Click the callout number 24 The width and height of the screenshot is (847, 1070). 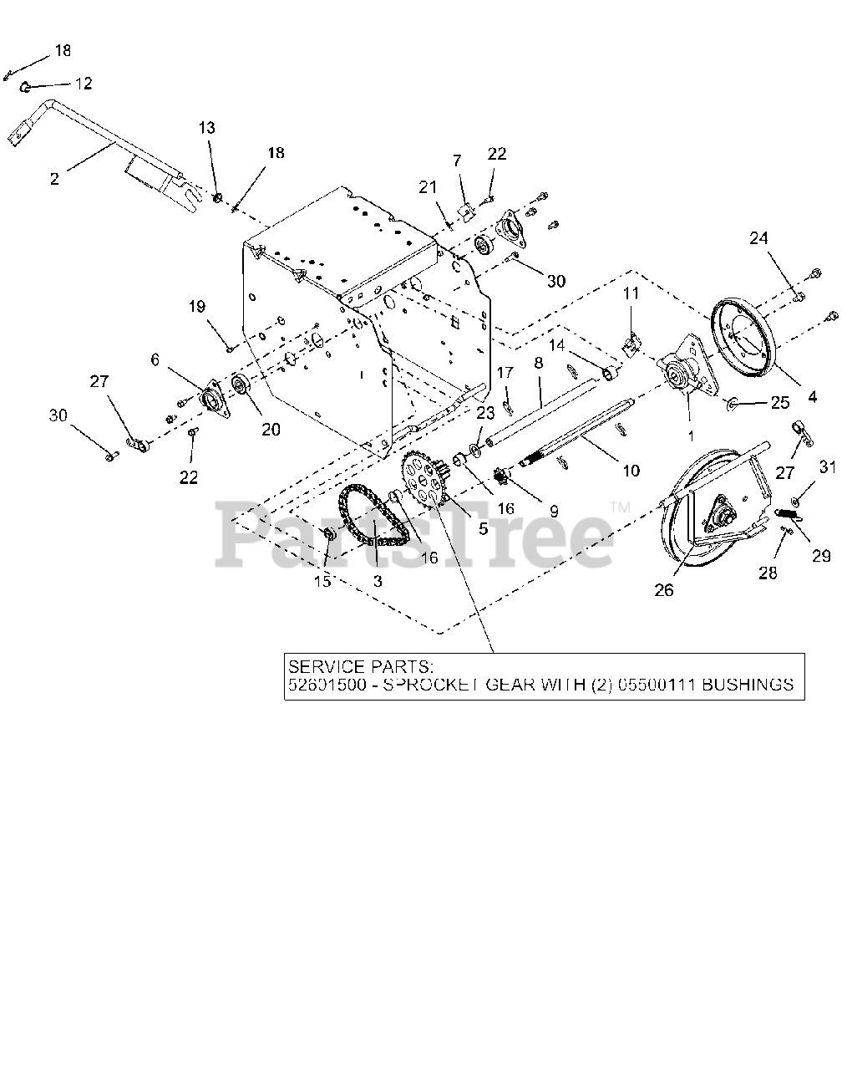pyautogui.click(x=758, y=238)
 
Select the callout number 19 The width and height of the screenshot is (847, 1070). pyautogui.click(x=196, y=307)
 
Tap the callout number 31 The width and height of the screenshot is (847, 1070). pyautogui.click(x=827, y=468)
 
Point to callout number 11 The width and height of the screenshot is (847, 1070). pyautogui.click(x=631, y=293)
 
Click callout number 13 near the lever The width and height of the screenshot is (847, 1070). pyautogui.click(x=206, y=127)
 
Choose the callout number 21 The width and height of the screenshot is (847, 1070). pyautogui.click(x=429, y=187)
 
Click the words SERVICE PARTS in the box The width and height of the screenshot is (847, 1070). pyautogui.click(x=360, y=667)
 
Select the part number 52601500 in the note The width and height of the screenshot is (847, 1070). pyautogui.click(x=324, y=685)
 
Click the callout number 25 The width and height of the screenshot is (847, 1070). pyautogui.click(x=779, y=403)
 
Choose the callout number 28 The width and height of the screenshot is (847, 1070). pyautogui.click(x=767, y=573)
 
